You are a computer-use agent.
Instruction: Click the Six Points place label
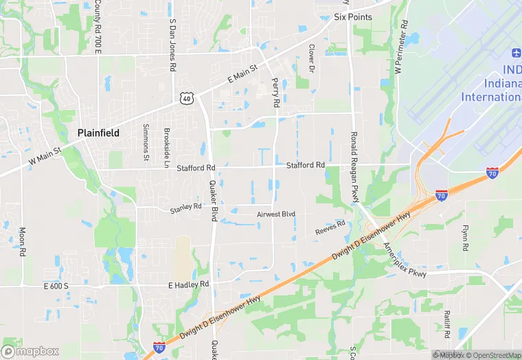pos(352,17)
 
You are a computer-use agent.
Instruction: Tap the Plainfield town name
pos(98,133)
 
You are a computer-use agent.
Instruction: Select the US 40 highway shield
pos(187,99)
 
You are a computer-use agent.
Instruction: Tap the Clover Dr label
pos(311,59)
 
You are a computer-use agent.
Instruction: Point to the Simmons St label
pos(146,142)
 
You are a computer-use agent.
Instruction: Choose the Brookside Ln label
pos(166,148)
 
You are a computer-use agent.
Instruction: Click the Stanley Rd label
pos(185,206)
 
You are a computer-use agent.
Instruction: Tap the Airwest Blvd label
pos(275,214)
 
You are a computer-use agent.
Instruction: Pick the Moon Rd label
pos(22,241)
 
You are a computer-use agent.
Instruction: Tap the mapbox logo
pos(30,351)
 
